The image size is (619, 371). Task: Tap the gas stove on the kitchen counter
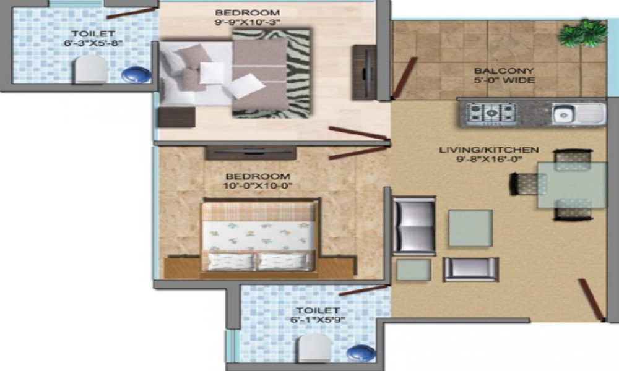coord(491,113)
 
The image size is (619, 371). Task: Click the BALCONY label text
coord(495,71)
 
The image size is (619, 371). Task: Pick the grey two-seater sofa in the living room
coord(414,226)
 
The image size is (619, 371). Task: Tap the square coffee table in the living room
coord(470,228)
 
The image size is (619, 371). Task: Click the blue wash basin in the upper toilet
coord(136,74)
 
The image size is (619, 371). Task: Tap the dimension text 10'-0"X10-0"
coord(257,185)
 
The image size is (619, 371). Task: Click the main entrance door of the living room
coord(592,299)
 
